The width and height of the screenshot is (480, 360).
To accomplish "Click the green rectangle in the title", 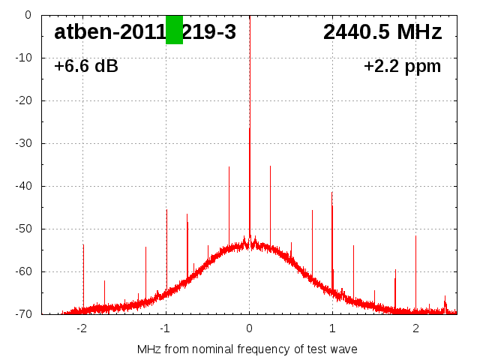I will click(x=174, y=30).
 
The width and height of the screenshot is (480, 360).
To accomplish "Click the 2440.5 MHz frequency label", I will click(x=382, y=32).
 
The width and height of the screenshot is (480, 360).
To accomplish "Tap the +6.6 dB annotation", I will click(x=86, y=67).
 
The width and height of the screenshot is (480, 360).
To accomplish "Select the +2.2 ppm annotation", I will click(x=402, y=67).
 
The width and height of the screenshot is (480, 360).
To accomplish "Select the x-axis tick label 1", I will click(x=332, y=328).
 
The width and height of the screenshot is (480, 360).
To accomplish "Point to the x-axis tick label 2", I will click(x=415, y=328).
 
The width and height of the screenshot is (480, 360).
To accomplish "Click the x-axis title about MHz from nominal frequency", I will click(x=247, y=349).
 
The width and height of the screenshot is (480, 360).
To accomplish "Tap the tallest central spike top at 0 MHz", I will click(x=250, y=128).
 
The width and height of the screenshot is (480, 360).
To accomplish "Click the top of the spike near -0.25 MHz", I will click(x=229, y=167).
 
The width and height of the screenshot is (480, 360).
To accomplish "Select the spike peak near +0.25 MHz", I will click(x=270, y=166).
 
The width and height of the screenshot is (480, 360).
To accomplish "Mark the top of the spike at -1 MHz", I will click(x=166, y=210).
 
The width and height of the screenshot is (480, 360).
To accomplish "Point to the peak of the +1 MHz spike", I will click(x=331, y=193).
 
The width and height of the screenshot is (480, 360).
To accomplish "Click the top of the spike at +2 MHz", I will click(x=415, y=236).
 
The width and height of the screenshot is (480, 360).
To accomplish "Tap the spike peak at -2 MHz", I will click(x=83, y=244).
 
